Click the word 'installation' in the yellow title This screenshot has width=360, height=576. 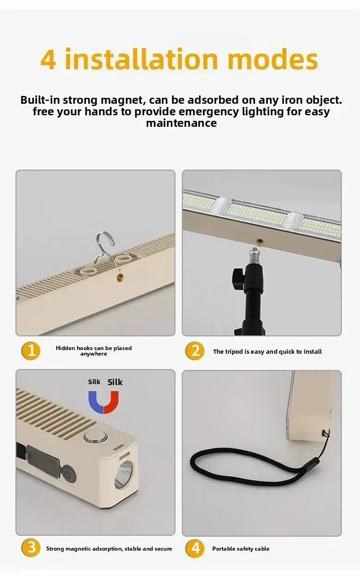point(141,59)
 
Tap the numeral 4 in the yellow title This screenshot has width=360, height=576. point(48,59)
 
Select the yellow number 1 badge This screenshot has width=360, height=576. point(31,351)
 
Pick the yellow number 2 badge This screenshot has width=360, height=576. point(195,351)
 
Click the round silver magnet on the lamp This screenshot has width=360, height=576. point(96,436)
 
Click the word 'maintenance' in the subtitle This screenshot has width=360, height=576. point(181,123)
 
